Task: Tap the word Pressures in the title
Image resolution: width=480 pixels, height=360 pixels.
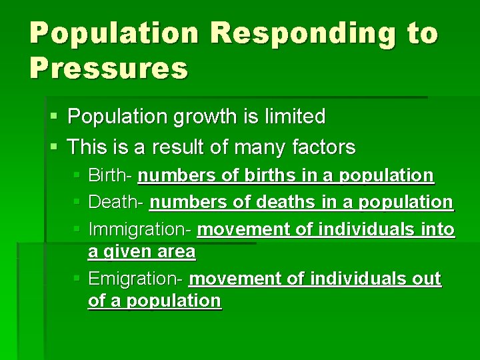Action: click(109, 68)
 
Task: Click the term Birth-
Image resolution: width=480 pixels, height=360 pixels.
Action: click(111, 176)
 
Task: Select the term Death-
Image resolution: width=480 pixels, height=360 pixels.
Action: click(116, 202)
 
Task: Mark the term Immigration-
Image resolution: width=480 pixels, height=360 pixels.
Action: click(141, 230)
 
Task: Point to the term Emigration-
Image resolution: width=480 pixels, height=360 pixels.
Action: click(137, 278)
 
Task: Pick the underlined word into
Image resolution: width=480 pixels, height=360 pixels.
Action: click(437, 230)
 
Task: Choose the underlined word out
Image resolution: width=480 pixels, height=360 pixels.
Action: click(427, 278)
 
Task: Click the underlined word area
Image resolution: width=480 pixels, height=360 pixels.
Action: click(179, 253)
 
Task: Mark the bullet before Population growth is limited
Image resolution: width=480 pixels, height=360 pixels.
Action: click(54, 118)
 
